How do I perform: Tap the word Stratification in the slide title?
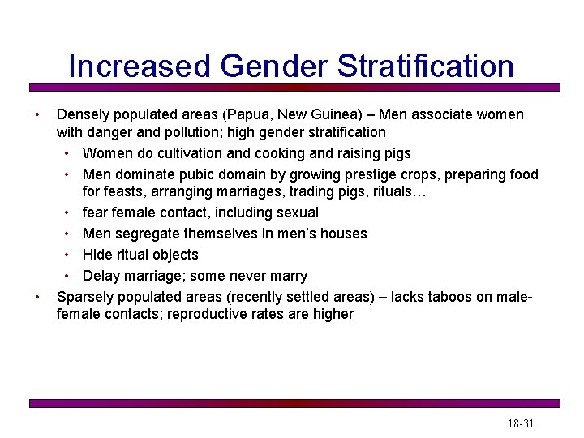(424, 66)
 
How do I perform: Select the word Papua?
(251, 114)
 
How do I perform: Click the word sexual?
(294, 213)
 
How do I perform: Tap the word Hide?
(97, 255)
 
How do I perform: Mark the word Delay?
(101, 276)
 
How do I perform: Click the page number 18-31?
(521, 423)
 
